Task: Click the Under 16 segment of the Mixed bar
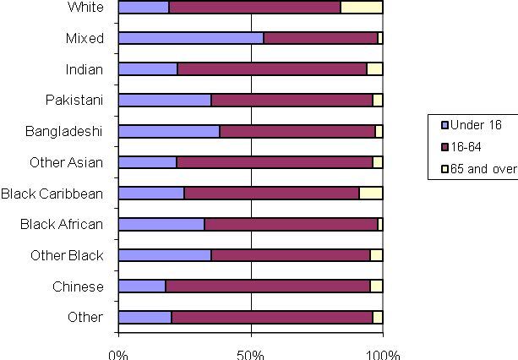click(191, 38)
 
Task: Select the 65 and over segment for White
click(362, 8)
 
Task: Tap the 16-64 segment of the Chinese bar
click(268, 286)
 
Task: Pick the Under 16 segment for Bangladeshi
click(169, 131)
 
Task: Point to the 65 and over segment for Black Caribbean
click(371, 193)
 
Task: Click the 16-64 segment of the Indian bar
click(272, 69)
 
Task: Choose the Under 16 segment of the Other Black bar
click(165, 255)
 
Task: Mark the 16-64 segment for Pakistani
click(292, 100)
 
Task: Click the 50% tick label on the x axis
click(251, 352)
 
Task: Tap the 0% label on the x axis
click(118, 352)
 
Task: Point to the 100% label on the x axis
click(383, 352)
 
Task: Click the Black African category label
click(64, 224)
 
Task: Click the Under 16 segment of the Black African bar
click(161, 224)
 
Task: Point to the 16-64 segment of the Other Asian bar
click(275, 162)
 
